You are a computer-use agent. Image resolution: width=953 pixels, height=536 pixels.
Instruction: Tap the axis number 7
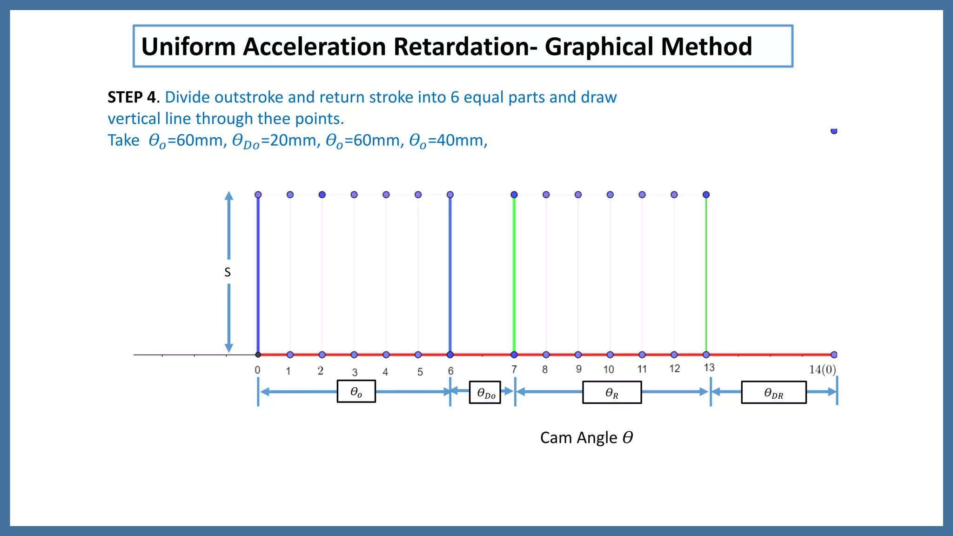[514, 369]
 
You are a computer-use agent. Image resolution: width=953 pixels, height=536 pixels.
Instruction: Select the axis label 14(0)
[822, 369]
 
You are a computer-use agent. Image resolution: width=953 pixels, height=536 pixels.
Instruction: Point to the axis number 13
[709, 368]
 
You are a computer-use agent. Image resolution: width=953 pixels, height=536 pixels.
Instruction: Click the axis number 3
[355, 372]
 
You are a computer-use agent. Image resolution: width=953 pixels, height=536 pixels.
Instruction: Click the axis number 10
[609, 369]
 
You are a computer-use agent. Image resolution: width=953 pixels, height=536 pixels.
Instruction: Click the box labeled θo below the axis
[356, 392]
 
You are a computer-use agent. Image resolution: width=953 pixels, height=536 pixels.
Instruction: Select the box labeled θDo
[485, 393]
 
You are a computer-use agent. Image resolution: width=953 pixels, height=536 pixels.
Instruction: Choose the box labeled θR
[612, 393]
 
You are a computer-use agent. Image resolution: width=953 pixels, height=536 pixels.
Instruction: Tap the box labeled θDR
[773, 393]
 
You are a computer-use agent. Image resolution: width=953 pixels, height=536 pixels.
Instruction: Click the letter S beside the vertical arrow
[228, 272]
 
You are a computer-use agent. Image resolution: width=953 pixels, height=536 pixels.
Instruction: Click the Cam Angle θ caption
[586, 437]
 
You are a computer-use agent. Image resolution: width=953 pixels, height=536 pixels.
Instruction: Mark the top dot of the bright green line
[514, 194]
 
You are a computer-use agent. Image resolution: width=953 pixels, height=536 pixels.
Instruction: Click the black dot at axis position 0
[258, 355]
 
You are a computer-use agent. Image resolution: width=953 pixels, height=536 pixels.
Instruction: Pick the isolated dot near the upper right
[834, 131]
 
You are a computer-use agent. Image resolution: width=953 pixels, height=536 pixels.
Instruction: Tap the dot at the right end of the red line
[834, 355]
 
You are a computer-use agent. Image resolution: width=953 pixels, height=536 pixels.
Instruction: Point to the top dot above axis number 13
[706, 194]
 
